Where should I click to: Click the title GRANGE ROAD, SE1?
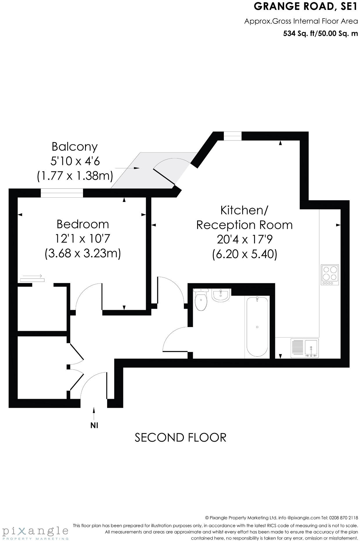(x=305, y=7)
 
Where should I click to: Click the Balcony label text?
(x=75, y=147)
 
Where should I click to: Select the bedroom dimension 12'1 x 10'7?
(x=83, y=239)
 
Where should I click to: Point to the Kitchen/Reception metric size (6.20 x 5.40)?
(x=244, y=254)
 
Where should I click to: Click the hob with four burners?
(x=330, y=275)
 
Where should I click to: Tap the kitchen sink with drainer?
(x=305, y=348)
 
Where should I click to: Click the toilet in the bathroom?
(x=201, y=300)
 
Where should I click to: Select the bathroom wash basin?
(x=221, y=295)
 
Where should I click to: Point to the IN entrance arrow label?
(x=94, y=425)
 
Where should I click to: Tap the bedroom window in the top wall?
(x=62, y=193)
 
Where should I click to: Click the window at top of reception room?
(x=233, y=136)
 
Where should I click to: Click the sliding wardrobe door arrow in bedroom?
(x=32, y=276)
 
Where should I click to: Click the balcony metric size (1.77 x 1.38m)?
(x=75, y=176)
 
